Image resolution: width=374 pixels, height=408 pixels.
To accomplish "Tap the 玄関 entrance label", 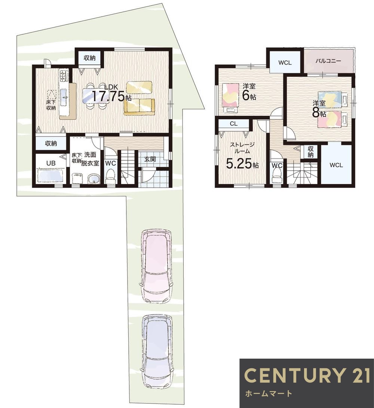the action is point(150,159).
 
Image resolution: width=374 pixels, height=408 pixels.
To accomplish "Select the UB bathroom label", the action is point(51,163).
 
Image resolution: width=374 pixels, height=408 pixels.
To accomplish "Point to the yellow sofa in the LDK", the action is point(139,107).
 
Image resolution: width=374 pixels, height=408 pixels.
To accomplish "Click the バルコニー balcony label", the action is point(328,61).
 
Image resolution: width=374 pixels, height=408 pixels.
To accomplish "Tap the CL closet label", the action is point(234,124).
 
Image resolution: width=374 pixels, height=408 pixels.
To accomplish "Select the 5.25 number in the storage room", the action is point(239,164).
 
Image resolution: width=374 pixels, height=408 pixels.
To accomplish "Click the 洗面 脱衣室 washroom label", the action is point(90,159).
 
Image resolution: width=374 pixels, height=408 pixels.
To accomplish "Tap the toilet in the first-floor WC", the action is point(111,177).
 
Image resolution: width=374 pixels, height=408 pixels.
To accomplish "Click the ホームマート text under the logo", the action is point(268,393).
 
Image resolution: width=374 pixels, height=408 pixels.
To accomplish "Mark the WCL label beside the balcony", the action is point(285,63).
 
